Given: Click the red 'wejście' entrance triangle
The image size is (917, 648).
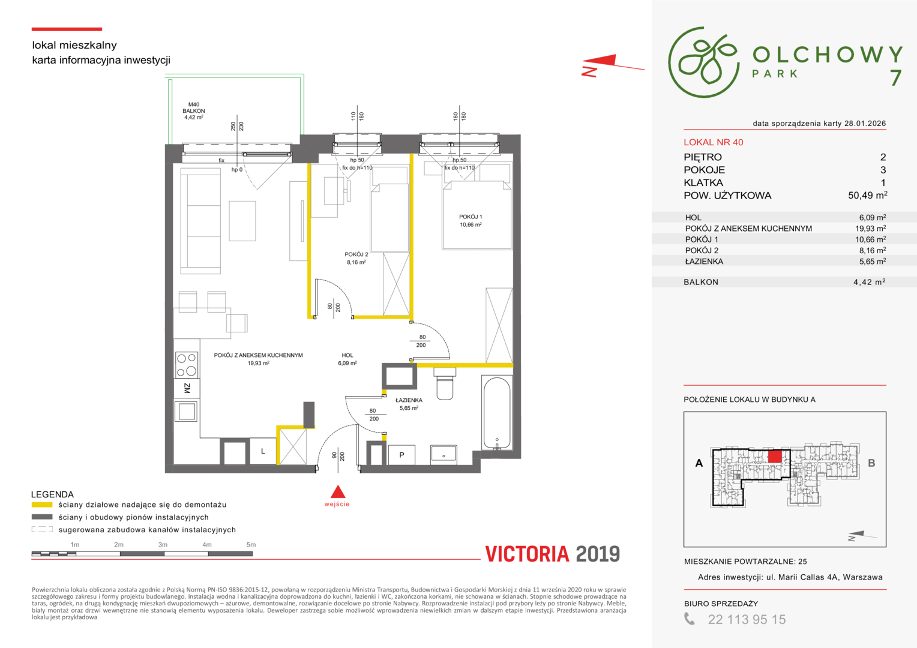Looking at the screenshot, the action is [338, 491].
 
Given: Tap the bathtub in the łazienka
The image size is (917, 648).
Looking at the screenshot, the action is [497, 413].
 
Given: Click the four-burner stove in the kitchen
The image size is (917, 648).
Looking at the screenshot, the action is [187, 365].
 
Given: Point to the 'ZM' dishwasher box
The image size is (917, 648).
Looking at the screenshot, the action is [187, 388].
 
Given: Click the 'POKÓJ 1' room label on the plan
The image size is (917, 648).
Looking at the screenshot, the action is [471, 217].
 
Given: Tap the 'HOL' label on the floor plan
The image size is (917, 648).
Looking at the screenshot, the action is [347, 355].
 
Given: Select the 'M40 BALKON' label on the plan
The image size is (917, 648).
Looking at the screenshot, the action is [194, 107].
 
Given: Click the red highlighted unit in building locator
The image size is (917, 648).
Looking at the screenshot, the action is [775, 457].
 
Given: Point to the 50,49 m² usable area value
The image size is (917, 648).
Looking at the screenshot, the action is [867, 195].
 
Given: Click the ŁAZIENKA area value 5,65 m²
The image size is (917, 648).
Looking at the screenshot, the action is [873, 261].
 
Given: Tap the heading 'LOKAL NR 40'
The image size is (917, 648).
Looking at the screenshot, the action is [713, 142].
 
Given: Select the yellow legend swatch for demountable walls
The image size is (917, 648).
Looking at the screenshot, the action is [42, 505].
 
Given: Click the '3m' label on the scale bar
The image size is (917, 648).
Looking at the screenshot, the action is [163, 544].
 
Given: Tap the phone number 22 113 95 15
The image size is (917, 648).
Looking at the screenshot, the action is [747, 619].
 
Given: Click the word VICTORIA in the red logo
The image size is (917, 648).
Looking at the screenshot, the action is [528, 554].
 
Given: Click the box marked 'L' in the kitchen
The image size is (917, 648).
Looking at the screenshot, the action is [263, 451].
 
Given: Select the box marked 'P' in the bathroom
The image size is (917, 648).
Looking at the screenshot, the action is [401, 455].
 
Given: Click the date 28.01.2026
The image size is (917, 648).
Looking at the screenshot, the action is [865, 123].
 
